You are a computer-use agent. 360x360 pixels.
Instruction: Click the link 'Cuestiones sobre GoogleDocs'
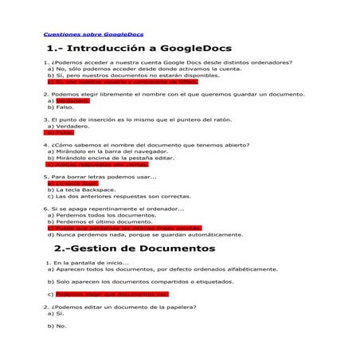click(x=92, y=35)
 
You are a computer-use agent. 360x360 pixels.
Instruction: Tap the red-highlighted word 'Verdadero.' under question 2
click(x=72, y=101)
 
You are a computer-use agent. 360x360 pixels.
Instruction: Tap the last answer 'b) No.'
click(x=57, y=326)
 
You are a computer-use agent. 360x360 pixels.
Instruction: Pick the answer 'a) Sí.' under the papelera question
click(x=56, y=313)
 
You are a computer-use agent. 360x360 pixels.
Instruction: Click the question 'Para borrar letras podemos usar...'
click(x=103, y=177)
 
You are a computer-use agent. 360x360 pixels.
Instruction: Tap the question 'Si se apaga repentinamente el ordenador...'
click(x=120, y=209)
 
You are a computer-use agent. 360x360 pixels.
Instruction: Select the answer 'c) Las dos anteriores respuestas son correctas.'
click(x=119, y=196)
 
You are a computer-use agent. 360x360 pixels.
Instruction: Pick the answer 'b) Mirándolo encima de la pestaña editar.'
click(x=111, y=158)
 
